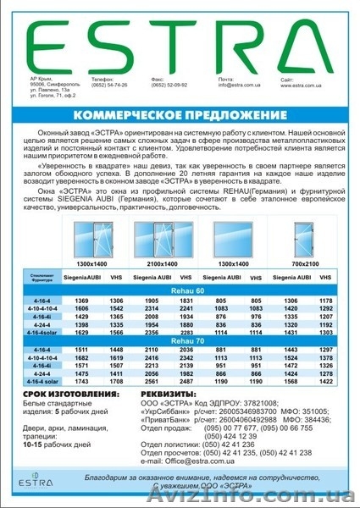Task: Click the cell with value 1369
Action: pyautogui.click(x=82, y=301)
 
